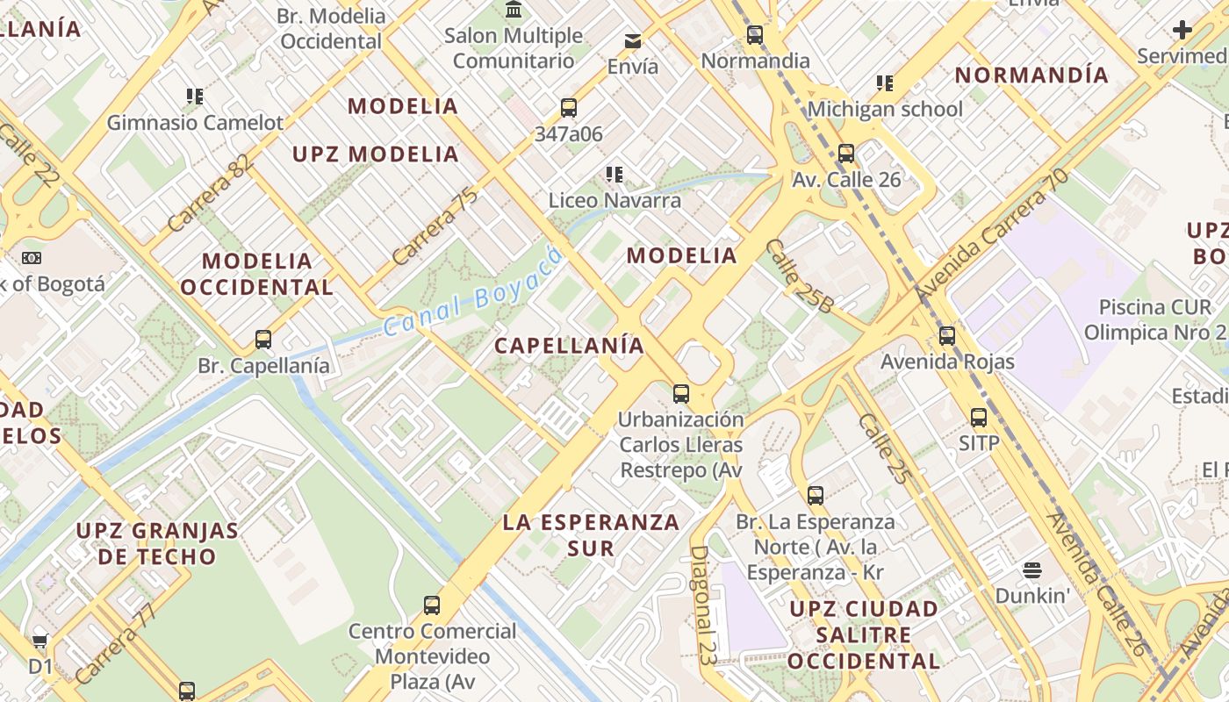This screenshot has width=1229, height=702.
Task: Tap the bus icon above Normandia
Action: point(754,36)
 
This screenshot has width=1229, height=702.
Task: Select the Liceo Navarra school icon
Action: point(614,175)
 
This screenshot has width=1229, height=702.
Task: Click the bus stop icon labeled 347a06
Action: point(569,108)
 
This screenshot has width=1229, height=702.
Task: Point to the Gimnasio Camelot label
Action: point(195,123)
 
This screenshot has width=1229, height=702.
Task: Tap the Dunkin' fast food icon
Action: point(1032,570)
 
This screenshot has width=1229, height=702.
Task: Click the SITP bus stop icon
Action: point(979,418)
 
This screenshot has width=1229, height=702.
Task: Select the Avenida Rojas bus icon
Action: point(946,335)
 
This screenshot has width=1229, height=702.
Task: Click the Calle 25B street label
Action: point(799,276)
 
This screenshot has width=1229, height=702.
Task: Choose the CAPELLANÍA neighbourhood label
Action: point(569,346)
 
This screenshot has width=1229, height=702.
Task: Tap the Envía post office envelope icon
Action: point(632,40)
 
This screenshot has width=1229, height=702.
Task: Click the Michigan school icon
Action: point(885,83)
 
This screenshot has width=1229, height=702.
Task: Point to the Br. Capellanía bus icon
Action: point(262,339)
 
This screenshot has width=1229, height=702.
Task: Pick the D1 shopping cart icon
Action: point(40,641)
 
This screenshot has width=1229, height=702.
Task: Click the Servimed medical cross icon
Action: point(1182,31)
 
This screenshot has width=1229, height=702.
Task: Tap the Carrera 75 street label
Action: point(435,226)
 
